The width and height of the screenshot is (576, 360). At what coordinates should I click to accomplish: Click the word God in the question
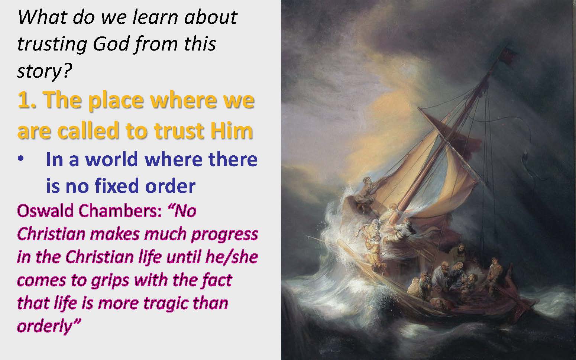(111, 44)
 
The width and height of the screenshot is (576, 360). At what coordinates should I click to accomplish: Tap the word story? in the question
(45, 71)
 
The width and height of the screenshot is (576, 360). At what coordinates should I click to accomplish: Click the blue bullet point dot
(21, 158)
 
